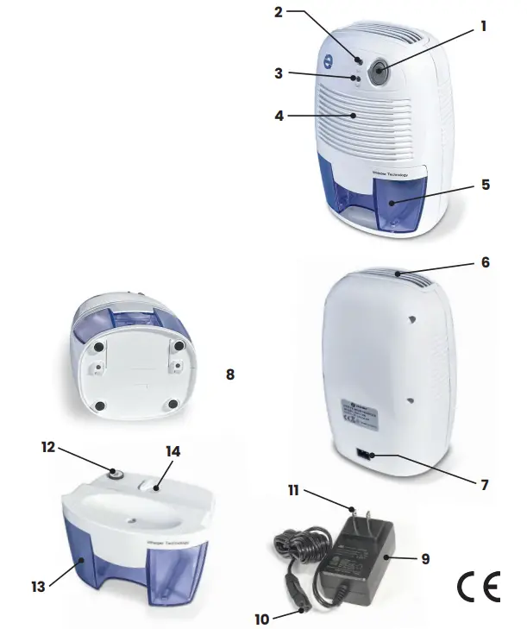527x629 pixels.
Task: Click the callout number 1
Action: pos(484,26)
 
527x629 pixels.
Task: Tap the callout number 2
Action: pos(278,12)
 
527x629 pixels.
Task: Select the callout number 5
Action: pos(486,183)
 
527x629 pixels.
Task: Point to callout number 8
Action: pos(229,375)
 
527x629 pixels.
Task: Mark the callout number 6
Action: pos(486,261)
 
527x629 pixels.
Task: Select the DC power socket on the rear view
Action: pos(365,455)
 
